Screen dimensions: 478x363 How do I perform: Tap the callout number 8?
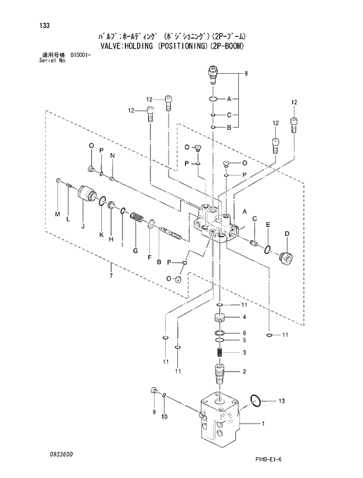pos(246,74)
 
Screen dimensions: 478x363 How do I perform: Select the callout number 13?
pos(282,401)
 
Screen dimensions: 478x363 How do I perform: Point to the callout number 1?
pos(263,423)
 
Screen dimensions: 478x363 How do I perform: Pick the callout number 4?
pos(244,318)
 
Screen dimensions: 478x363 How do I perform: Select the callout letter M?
pos(58,215)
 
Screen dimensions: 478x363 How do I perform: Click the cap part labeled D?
pos(286,257)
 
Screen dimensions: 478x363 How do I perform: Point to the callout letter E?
pos(268,225)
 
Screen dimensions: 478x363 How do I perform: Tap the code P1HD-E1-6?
pos(272,459)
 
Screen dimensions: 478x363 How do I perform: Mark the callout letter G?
pos(135,251)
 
